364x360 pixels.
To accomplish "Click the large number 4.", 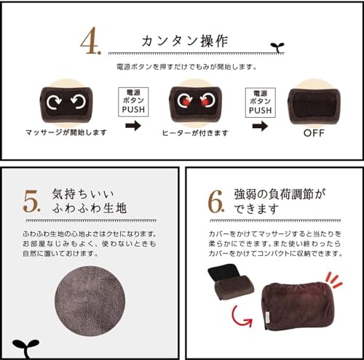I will pyautogui.click(x=91, y=42).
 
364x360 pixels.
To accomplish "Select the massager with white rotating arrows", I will pyautogui.click(x=63, y=103).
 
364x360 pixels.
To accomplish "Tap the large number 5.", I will pyautogui.click(x=31, y=201).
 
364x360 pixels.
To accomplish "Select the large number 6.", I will pyautogui.click(x=215, y=201).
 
